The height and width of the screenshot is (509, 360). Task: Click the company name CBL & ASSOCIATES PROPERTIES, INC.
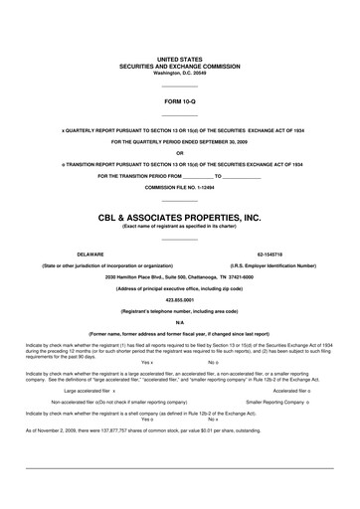click(x=179, y=215)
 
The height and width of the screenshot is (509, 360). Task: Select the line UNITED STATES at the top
click(x=179, y=61)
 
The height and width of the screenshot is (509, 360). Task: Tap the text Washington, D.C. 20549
click(x=179, y=73)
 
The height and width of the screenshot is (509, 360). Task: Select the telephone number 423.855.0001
click(x=179, y=298)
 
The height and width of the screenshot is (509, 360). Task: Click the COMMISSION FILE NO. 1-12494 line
click(x=179, y=186)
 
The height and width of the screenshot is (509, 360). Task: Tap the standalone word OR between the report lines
click(x=179, y=152)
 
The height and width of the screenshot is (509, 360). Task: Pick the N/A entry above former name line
click(x=179, y=322)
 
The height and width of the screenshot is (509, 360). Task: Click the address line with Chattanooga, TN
click(x=179, y=276)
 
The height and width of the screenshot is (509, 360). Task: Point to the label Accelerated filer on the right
click(x=288, y=391)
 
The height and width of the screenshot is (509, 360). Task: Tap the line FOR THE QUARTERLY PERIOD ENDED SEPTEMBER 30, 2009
click(x=179, y=141)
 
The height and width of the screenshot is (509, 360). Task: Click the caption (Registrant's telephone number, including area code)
click(x=179, y=310)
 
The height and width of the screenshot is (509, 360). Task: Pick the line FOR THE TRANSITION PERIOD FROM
click(x=159, y=175)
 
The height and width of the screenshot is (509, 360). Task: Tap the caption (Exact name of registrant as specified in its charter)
click(x=179, y=226)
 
